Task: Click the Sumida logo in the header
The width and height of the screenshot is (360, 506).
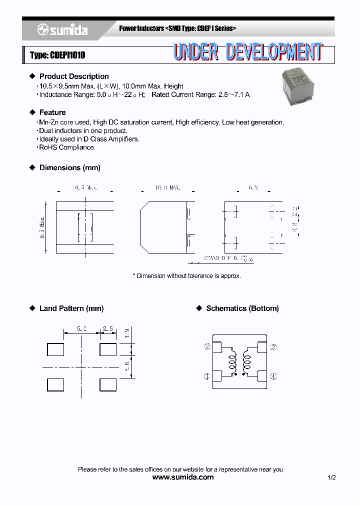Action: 62,30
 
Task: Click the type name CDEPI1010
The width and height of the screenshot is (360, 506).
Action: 57,55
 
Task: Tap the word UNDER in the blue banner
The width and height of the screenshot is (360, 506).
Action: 195,52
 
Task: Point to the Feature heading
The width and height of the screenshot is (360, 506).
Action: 52,112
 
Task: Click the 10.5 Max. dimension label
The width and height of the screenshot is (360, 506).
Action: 84,187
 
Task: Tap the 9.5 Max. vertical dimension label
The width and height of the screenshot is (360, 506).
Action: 43,227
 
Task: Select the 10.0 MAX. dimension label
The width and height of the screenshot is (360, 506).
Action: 167,187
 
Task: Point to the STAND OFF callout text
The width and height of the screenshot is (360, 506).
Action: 220,258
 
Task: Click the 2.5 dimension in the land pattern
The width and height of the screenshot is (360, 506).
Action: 108,329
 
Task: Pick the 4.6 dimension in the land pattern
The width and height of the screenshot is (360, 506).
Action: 127,367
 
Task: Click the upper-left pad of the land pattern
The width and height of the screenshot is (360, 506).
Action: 55,349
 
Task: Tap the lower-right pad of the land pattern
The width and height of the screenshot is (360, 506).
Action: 107,384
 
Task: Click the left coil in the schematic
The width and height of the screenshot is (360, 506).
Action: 232,360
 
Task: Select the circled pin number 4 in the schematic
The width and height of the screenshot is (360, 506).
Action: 273,376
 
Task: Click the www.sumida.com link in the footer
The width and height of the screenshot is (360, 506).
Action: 182,477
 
